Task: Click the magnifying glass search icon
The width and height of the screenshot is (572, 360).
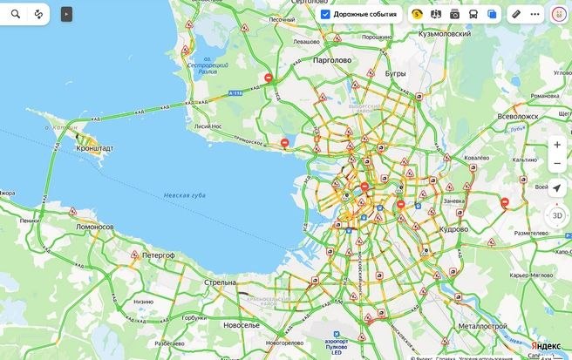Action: click(x=16, y=14)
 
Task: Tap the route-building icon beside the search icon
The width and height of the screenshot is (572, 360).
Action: click(x=38, y=14)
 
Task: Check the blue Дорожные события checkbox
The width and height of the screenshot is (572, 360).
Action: click(x=325, y=14)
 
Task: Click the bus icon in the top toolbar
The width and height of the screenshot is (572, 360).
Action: click(x=473, y=14)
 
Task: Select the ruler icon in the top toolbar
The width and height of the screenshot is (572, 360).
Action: click(x=515, y=14)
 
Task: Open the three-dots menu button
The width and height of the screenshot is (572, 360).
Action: click(x=535, y=14)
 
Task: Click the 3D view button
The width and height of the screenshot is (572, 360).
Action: click(x=556, y=214)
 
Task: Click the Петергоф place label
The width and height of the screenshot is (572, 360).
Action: click(x=158, y=255)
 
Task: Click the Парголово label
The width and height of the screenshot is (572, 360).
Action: click(x=330, y=60)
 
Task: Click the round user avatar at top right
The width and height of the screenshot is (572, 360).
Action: click(x=558, y=14)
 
